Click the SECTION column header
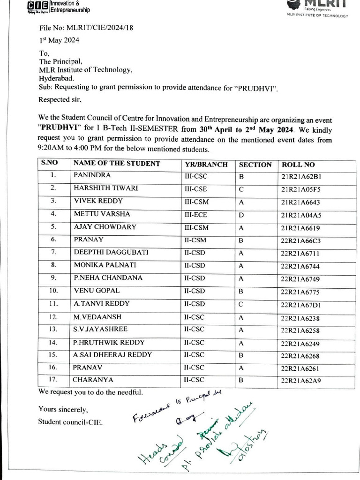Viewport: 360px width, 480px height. (255, 165)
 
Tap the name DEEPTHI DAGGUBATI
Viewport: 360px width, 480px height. (111, 252)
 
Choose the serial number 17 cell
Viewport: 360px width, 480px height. (53, 379)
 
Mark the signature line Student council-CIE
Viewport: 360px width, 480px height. (70, 421)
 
